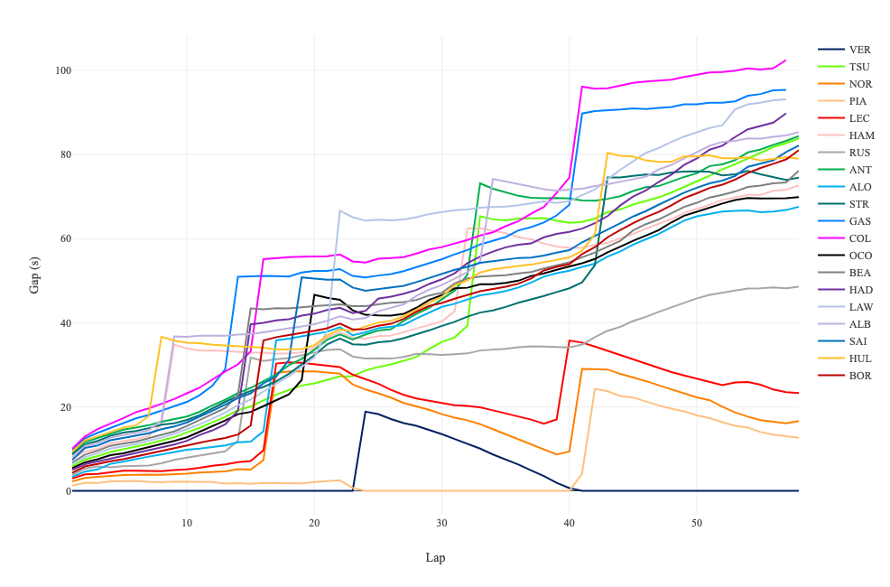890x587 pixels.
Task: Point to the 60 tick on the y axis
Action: pyautogui.click(x=59, y=238)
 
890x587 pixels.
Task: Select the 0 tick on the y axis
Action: pyautogui.click(x=61, y=491)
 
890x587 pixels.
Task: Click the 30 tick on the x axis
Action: pyautogui.click(x=442, y=524)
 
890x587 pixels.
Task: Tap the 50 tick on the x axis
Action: pyautogui.click(x=697, y=524)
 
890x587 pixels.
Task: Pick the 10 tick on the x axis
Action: pyautogui.click(x=187, y=524)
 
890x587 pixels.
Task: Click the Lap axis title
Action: pyautogui.click(x=435, y=557)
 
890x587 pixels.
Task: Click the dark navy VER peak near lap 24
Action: pyautogui.click(x=366, y=412)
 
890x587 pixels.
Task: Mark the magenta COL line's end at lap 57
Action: pyautogui.click(x=785, y=61)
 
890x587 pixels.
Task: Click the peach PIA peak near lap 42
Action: pyautogui.click(x=595, y=388)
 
